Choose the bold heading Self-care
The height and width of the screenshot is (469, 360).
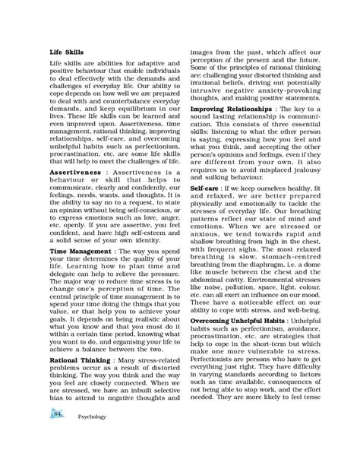click(206, 187)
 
